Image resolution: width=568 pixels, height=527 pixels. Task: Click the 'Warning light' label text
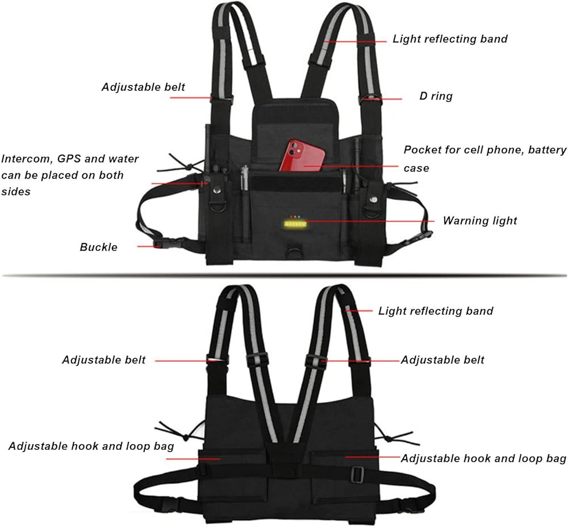pyautogui.click(x=480, y=221)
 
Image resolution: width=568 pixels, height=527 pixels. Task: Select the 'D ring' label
pyautogui.click(x=436, y=96)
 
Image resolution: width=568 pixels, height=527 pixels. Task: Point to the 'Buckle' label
pyautogui.click(x=98, y=247)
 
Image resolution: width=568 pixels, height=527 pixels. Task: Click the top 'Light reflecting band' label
pyautogui.click(x=450, y=39)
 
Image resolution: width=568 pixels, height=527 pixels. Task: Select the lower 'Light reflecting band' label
pyautogui.click(x=436, y=311)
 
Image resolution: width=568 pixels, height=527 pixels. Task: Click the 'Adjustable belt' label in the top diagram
pyautogui.click(x=143, y=87)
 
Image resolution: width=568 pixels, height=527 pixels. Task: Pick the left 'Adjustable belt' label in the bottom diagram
pyautogui.click(x=103, y=360)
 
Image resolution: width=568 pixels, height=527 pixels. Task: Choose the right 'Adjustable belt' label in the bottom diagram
pyautogui.click(x=442, y=360)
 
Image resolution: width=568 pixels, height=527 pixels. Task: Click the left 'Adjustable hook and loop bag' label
pyautogui.click(x=91, y=446)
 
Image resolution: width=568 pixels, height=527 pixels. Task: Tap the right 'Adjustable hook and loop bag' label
pyautogui.click(x=483, y=458)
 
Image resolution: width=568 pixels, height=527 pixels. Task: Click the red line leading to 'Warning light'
pyautogui.click(x=369, y=221)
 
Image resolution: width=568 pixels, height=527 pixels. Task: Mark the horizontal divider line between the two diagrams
pyautogui.click(x=284, y=275)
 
